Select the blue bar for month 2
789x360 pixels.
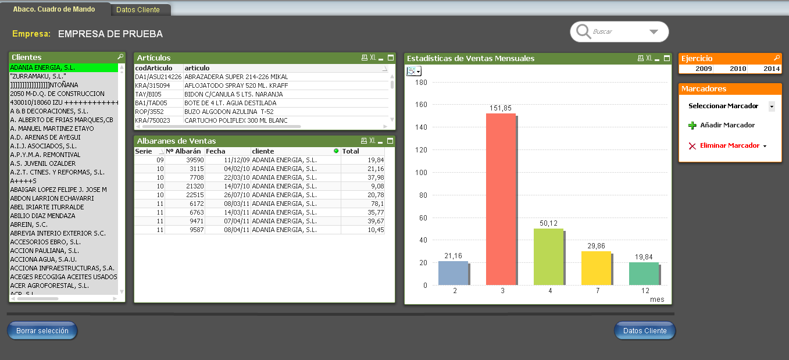453,273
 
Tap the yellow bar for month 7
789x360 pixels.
596,268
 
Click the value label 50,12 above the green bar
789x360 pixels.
548,223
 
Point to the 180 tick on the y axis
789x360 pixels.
420,83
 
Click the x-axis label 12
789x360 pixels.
645,290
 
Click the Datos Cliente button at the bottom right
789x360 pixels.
645,331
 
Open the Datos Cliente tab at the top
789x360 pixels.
138,10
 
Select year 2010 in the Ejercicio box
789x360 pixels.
738,69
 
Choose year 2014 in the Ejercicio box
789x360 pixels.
772,69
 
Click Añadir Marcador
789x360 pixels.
727,125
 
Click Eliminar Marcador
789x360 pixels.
729,145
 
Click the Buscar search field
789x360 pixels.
616,31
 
